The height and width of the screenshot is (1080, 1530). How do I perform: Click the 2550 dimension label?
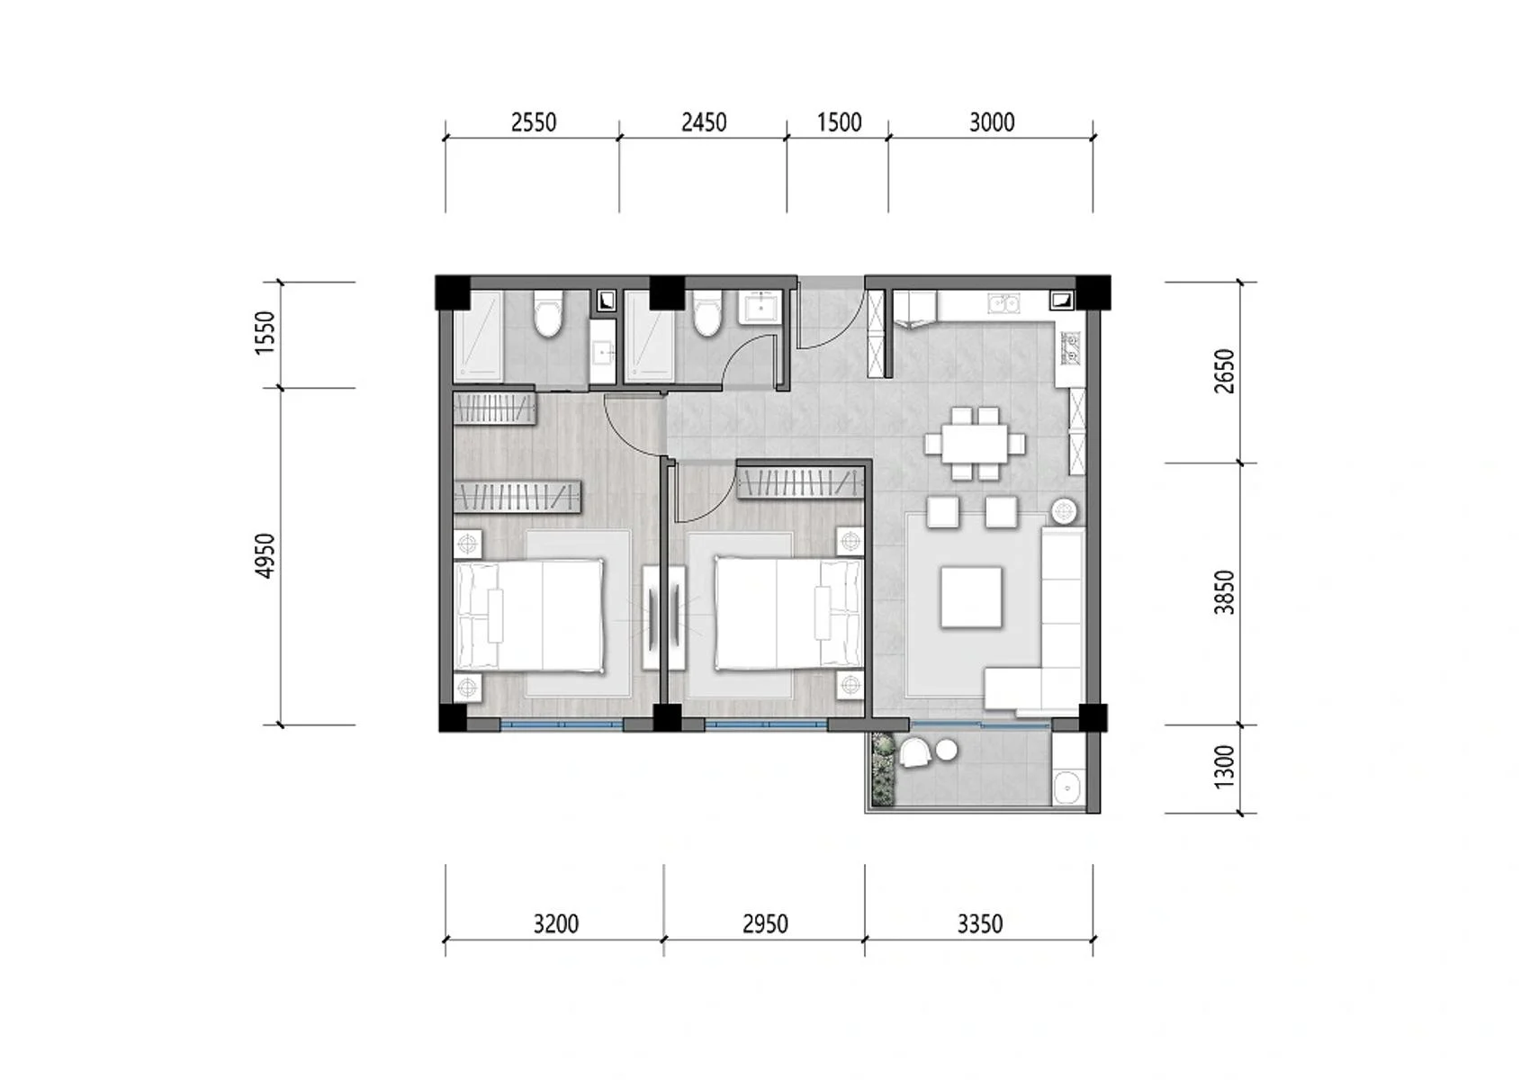(534, 121)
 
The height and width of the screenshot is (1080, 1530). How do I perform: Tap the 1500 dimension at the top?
(839, 121)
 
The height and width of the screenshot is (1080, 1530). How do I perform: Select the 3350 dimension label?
(979, 923)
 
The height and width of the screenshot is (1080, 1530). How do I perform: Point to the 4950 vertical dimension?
(265, 555)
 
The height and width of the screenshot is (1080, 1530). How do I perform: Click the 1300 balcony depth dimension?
(1225, 768)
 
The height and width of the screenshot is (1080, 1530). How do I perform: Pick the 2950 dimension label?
(765, 923)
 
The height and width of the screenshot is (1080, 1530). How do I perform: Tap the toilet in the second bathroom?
(707, 314)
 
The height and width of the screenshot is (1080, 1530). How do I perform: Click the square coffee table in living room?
(971, 597)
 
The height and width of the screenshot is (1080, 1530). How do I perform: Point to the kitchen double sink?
(1003, 303)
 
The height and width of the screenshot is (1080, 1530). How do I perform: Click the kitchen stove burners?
(1071, 349)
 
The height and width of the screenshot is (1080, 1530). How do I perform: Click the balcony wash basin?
(1068, 787)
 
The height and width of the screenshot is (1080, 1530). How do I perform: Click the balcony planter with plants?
(883, 770)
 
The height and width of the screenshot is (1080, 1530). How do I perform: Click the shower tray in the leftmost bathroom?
(478, 335)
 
